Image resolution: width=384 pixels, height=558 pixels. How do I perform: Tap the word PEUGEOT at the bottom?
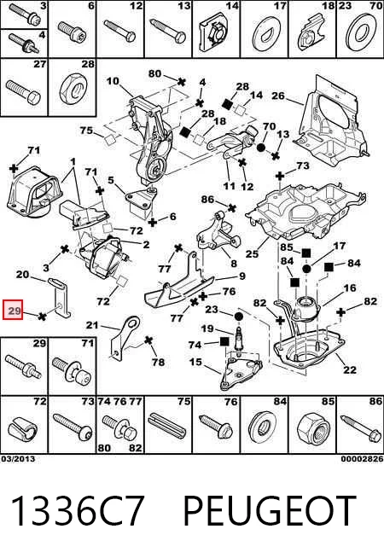click(x=270, y=511)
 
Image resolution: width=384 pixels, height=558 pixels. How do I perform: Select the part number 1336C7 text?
click(x=78, y=511)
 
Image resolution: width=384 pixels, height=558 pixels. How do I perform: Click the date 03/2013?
click(x=18, y=459)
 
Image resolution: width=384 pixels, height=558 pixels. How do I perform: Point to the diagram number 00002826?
click(x=362, y=459)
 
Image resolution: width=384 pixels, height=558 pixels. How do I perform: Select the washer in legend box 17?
click(x=264, y=35)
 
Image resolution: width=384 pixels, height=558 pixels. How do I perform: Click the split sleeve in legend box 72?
click(x=24, y=430)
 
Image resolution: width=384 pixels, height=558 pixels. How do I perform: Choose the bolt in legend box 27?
click(x=23, y=91)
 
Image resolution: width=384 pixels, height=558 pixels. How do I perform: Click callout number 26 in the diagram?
click(x=278, y=96)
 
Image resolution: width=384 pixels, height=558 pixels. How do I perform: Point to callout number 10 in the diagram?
click(x=113, y=81)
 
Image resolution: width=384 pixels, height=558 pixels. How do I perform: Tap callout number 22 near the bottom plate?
click(x=350, y=370)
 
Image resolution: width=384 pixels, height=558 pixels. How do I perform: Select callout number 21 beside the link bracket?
click(x=92, y=325)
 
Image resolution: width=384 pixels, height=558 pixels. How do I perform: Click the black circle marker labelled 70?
click(x=261, y=148)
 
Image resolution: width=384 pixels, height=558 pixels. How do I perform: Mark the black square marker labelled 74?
click(x=224, y=342)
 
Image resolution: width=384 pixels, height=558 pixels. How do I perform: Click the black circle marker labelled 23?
click(x=238, y=316)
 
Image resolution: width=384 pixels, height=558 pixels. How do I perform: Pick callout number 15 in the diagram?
click(x=195, y=363)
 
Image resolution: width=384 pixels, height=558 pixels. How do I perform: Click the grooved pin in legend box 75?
click(x=169, y=427)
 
